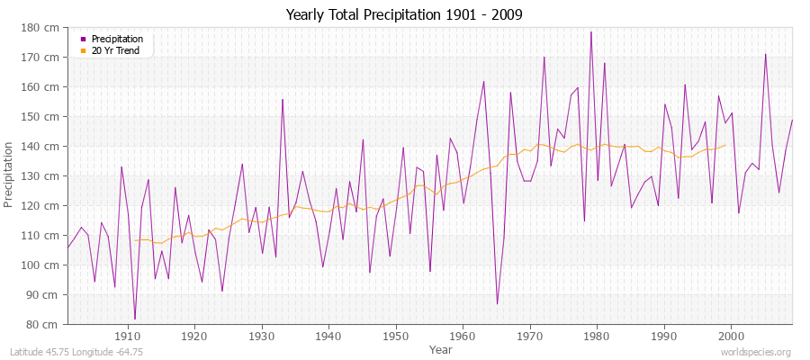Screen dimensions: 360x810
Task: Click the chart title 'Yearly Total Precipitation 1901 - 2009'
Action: [x=404, y=15]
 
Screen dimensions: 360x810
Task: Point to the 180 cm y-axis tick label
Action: [x=45, y=28]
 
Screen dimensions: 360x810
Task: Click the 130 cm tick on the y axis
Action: [x=45, y=176]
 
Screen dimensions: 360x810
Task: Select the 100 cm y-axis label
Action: [x=45, y=265]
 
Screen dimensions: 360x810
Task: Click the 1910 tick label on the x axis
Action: [x=128, y=337]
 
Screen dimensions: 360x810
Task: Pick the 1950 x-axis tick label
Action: [x=395, y=337]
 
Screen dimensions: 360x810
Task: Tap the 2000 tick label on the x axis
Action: [x=730, y=337]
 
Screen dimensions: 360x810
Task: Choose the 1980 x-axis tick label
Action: [x=597, y=337]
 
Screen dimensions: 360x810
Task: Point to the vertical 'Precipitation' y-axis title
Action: [x=10, y=175]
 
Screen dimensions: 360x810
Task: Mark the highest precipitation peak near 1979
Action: [x=590, y=32]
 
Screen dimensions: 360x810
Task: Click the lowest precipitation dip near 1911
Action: [x=135, y=319]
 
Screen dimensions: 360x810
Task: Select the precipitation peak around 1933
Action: [x=283, y=99]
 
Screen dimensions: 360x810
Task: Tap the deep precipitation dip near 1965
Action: [x=497, y=303]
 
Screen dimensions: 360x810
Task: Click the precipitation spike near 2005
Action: [x=765, y=54]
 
